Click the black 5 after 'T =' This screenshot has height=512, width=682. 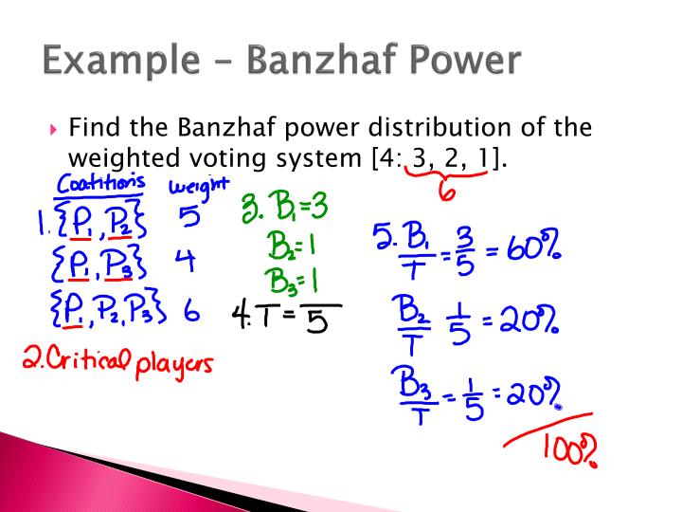tap(319, 323)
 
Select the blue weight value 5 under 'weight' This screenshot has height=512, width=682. tap(189, 217)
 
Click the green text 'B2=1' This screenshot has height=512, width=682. tap(289, 249)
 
